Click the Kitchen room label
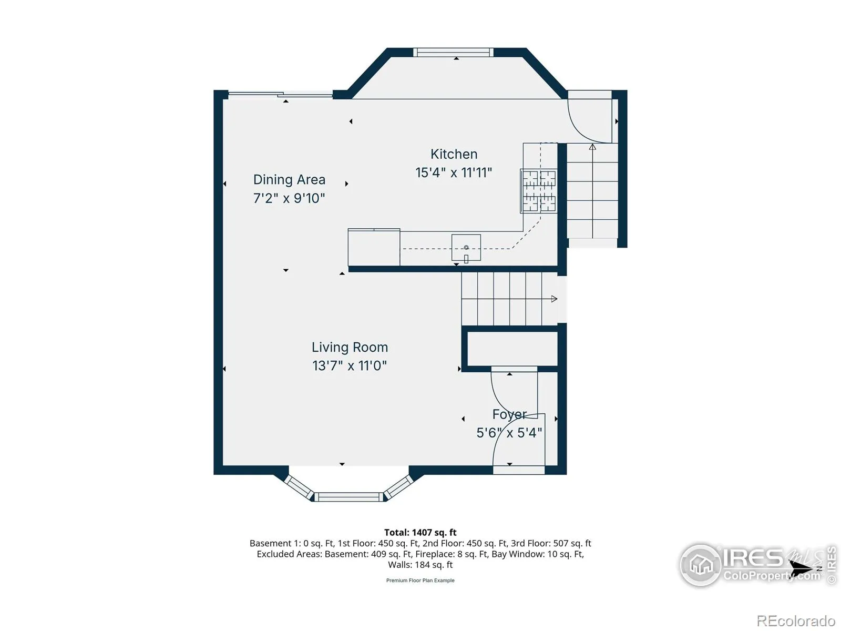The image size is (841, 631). tap(454, 154)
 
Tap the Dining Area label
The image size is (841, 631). tap(289, 179)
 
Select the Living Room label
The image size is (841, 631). tap(350, 347)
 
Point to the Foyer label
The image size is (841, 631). tap(509, 414)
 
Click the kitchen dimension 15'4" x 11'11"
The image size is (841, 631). tap(454, 173)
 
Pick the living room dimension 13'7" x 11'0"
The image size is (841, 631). tap(350, 366)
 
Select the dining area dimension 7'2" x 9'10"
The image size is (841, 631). tap(289, 198)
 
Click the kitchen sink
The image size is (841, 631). tap(466, 248)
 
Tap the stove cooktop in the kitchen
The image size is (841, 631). tap(538, 191)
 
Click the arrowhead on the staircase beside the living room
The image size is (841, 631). tap(554, 299)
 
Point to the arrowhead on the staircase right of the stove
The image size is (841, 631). tap(592, 147)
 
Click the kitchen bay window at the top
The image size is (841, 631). tap(453, 53)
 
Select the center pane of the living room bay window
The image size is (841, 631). tap(348, 497)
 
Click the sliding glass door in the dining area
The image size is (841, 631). tap(280, 94)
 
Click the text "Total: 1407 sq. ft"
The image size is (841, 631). tap(420, 533)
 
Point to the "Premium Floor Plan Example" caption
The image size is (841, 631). tap(420, 581)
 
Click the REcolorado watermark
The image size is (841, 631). tap(796, 620)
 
